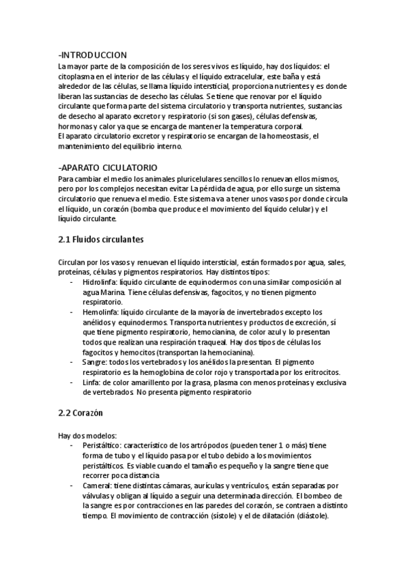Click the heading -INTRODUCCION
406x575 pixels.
point(93,54)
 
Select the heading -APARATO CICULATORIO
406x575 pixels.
point(108,167)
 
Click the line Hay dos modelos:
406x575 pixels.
point(88,435)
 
